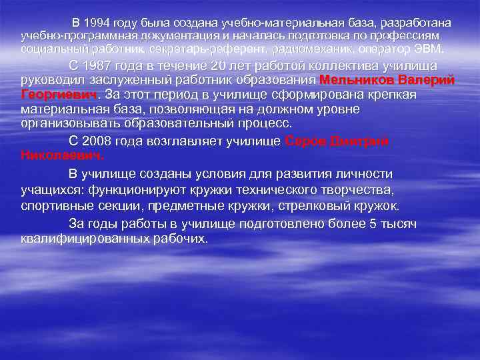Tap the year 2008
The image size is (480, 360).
pyautogui.click(x=99, y=141)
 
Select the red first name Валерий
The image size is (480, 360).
pyautogui.click(x=431, y=80)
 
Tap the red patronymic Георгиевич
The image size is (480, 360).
pyautogui.click(x=59, y=95)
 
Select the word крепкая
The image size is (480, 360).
pyautogui.click(x=393, y=95)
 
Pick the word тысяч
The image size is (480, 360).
pyautogui.click(x=397, y=224)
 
